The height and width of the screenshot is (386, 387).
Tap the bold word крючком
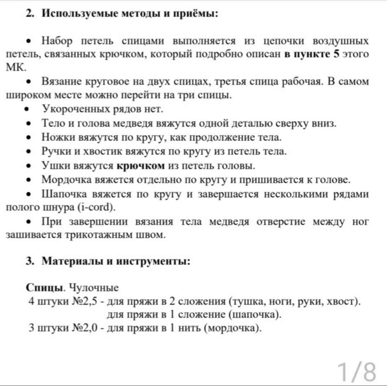tap(141, 166)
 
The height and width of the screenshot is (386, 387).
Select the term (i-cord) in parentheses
tap(97, 208)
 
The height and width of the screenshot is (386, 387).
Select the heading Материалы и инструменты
tap(116, 261)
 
